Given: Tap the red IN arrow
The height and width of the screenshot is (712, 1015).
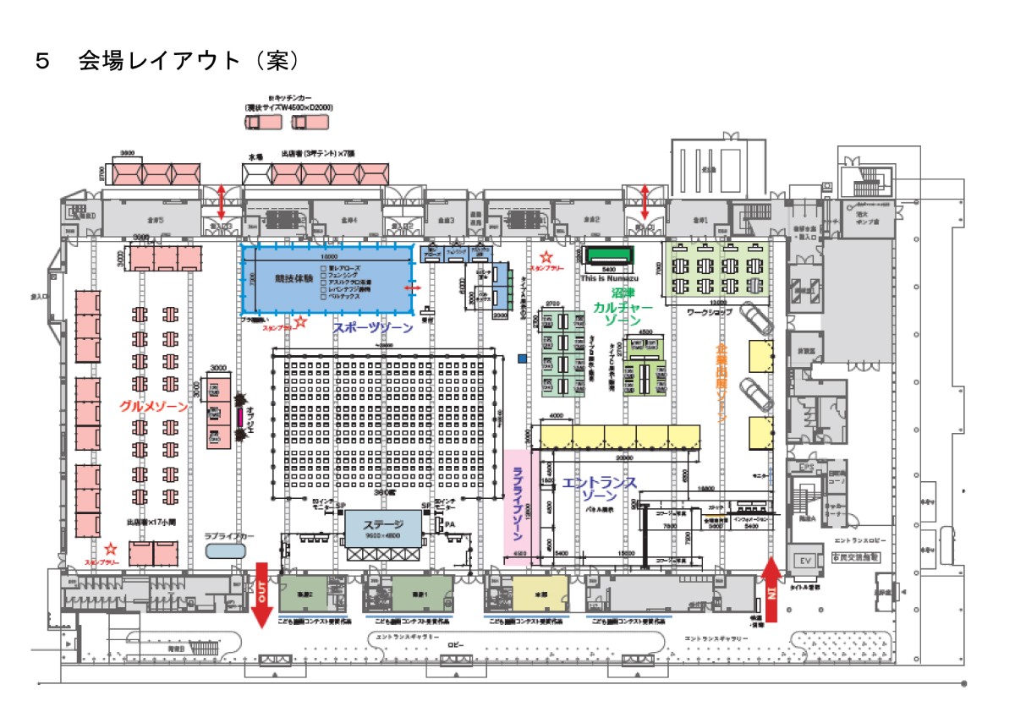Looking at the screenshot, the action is pos(770,588).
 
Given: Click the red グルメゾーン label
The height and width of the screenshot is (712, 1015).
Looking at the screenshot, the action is pos(165,407).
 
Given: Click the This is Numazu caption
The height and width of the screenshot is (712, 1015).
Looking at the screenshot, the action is pos(609,277).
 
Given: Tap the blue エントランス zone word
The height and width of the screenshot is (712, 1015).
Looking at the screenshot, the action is pos(599,483).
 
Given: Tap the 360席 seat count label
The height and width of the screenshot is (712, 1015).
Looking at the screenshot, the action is pos(383,492).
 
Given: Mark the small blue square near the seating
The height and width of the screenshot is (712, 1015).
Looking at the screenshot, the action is pos(523,359).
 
